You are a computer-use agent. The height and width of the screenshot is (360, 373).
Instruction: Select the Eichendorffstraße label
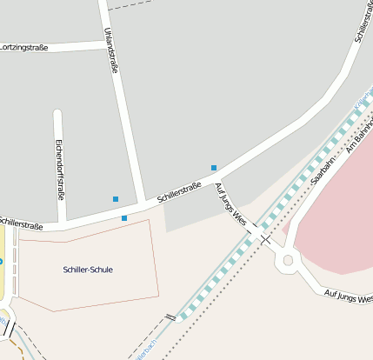click(59, 169)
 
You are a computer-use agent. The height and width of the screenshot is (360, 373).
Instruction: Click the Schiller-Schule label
click(88, 270)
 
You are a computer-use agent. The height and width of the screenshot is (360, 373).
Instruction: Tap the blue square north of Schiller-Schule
click(124, 217)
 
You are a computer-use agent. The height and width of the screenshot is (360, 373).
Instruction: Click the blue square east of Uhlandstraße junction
click(214, 167)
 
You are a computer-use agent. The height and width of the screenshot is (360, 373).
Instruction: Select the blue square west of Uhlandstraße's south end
click(116, 199)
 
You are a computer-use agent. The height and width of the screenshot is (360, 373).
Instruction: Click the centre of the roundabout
click(287, 259)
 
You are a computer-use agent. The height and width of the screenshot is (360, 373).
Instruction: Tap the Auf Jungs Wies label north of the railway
click(234, 207)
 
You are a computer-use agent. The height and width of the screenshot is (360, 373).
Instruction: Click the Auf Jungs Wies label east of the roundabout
click(348, 297)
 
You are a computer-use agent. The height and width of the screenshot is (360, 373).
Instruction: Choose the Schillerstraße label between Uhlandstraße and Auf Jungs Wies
click(180, 193)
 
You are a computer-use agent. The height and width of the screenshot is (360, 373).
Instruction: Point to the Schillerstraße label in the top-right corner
click(363, 24)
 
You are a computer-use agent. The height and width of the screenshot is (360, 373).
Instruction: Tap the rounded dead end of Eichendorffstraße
click(58, 114)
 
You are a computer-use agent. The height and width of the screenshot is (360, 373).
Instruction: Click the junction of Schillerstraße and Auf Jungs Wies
click(218, 178)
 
